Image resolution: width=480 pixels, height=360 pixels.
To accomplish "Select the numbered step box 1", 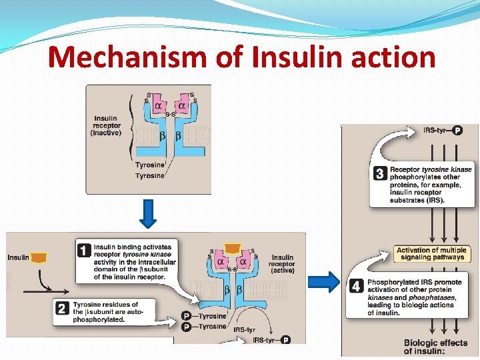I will pyautogui.click(x=84, y=251).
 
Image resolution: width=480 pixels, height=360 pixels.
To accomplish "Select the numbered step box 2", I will pyautogui.click(x=62, y=308).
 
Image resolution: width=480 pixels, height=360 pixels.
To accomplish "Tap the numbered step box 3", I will pyautogui.click(x=380, y=174).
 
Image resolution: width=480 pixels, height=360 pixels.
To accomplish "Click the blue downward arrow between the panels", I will pyautogui.click(x=148, y=213).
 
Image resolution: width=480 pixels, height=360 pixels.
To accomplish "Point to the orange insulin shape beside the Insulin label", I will pyautogui.click(x=39, y=257).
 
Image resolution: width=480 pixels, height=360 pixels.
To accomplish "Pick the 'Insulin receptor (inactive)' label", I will pyautogui.click(x=105, y=125).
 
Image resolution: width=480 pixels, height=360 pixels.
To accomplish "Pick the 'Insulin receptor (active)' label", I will pyautogui.click(x=282, y=263).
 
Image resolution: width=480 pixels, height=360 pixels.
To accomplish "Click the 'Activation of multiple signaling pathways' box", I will pyautogui.click(x=431, y=253).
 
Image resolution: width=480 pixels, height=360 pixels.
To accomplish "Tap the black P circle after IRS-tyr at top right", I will pyautogui.click(x=457, y=130).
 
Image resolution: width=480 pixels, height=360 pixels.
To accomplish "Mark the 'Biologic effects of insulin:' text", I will pyautogui.click(x=435, y=347).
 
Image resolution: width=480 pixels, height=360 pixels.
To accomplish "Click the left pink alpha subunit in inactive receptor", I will pyautogui.click(x=159, y=106).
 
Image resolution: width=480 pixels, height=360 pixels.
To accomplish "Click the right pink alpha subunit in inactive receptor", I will pyautogui.click(x=181, y=106).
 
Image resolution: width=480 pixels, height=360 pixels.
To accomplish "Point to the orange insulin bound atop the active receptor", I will pyautogui.click(x=232, y=249).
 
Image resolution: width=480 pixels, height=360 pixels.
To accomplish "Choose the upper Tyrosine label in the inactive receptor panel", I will pyautogui.click(x=149, y=165).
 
